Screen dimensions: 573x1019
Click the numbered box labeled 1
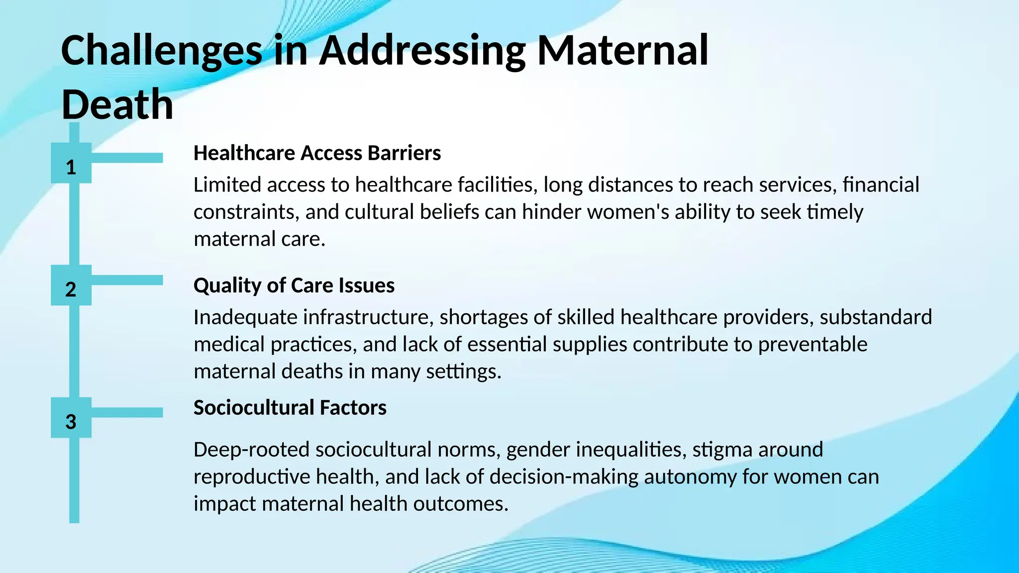click(x=71, y=163)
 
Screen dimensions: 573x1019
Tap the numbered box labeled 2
click(x=71, y=286)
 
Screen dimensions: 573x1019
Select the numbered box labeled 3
click(x=71, y=418)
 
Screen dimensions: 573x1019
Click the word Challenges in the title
click(x=161, y=51)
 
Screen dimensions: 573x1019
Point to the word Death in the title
click(x=117, y=104)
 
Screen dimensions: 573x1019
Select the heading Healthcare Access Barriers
click(x=317, y=153)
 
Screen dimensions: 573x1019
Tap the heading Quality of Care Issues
click(x=294, y=286)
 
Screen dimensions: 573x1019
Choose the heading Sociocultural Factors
click(x=290, y=408)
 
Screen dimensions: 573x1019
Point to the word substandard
click(x=876, y=317)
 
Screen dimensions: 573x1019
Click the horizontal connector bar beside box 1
click(x=127, y=158)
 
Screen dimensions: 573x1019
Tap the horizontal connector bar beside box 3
click(x=127, y=412)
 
